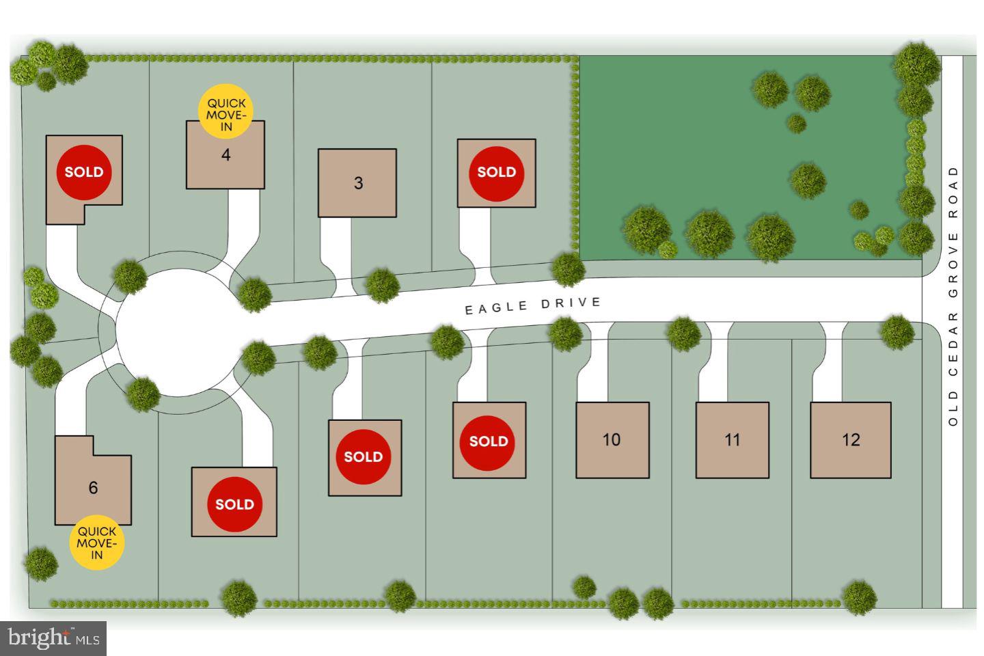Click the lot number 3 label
[358, 183]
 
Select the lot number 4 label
[225, 155]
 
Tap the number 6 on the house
[93, 488]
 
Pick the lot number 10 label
[612, 439]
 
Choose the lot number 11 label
[732, 439]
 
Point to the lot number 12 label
[851, 439]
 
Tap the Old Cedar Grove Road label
[953, 295]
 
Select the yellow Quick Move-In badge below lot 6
[97, 543]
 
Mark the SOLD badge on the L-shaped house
[84, 172]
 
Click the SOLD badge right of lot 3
[496, 172]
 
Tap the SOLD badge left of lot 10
[489, 441]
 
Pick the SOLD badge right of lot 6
[234, 504]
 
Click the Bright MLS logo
[53, 638]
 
